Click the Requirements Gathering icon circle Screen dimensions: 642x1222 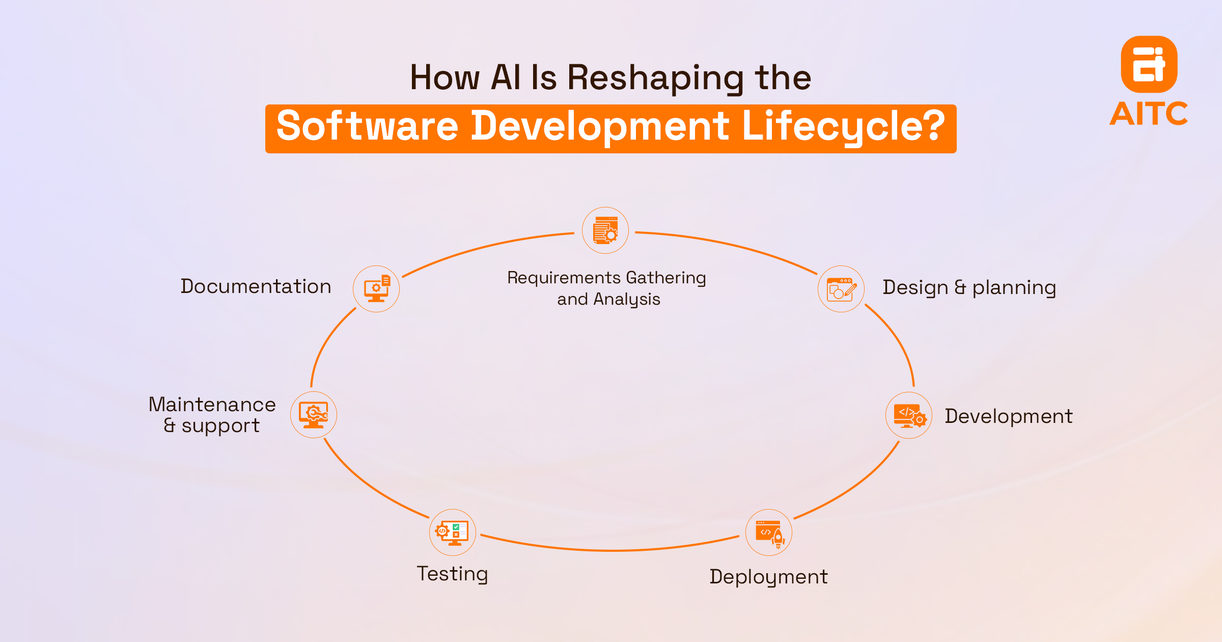coord(605,230)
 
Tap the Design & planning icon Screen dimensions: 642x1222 coord(841,289)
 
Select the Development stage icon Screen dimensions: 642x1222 coord(909,415)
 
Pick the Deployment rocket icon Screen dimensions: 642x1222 coord(769,532)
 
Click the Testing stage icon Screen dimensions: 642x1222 coord(453,532)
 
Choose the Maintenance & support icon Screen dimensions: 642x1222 coord(314,415)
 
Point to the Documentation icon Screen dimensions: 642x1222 coord(376,289)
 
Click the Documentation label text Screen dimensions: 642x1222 coord(256,286)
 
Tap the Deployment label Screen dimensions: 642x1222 coord(768,577)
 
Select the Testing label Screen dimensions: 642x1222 coord(452,574)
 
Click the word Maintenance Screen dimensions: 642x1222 coord(212,405)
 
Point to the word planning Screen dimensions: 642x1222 coord(1014,288)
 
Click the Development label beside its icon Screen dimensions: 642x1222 coord(1009,416)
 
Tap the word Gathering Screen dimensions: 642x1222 coord(665,278)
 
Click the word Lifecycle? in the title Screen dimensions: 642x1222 coord(843,126)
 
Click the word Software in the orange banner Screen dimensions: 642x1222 coord(367,126)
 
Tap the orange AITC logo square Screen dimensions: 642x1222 coord(1149,64)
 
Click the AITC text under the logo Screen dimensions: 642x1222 coord(1149,114)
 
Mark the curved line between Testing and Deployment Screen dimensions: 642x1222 coord(611,550)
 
